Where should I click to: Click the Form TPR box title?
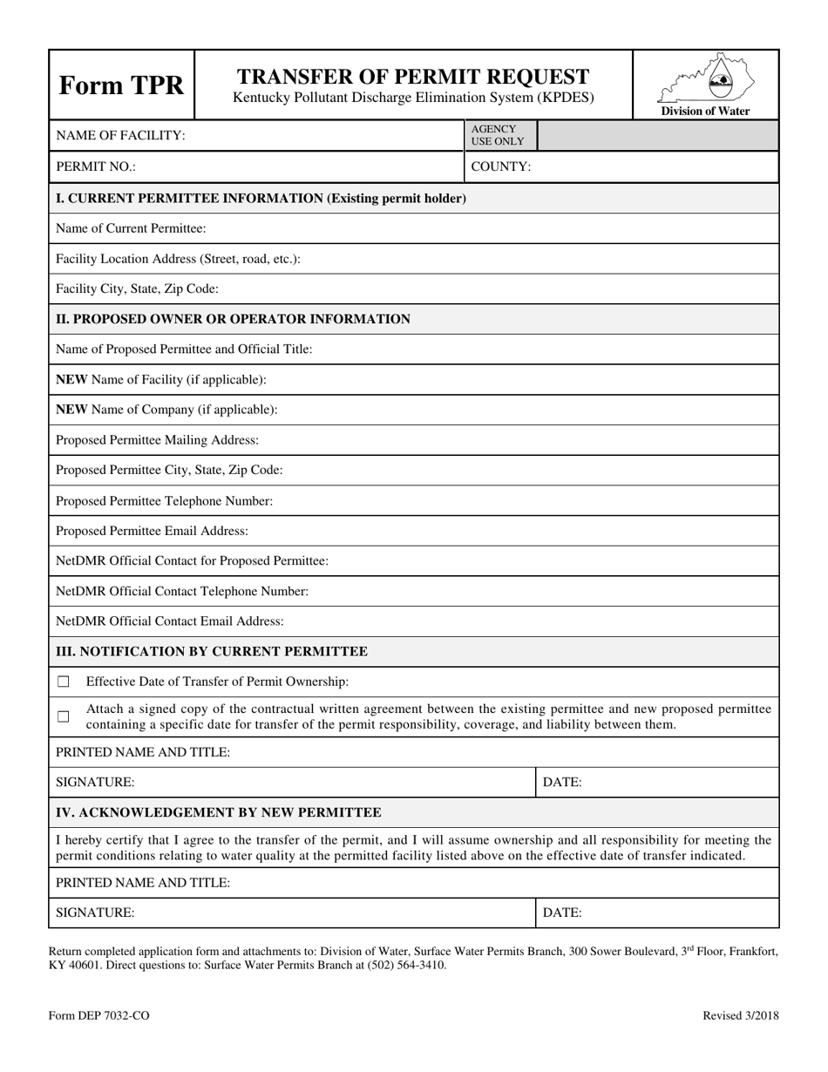coord(121,85)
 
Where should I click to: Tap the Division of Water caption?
coord(705,112)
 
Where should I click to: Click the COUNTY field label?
coord(501,166)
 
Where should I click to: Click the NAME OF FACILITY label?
coord(120,136)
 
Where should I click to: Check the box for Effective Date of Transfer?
coord(64,682)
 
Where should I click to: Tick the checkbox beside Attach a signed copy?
coord(64,716)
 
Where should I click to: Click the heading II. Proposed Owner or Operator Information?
coord(233,319)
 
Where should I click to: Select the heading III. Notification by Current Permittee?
coord(212,652)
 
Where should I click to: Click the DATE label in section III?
coord(562,783)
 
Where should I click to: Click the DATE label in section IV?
coord(562,913)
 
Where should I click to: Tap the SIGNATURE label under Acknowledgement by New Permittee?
coord(95,913)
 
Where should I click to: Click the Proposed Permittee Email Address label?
coord(152,531)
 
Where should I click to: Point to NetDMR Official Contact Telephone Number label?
coord(182,592)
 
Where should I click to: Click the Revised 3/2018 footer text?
coord(741,1015)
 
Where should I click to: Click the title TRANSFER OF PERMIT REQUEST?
coord(413,77)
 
